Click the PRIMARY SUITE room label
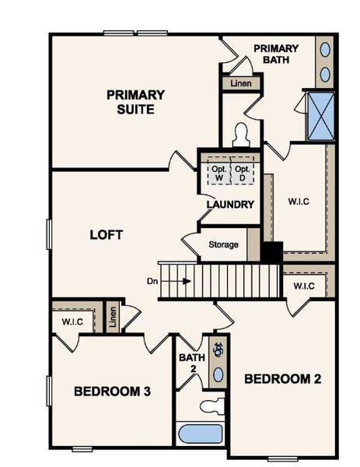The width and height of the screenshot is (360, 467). (135, 102)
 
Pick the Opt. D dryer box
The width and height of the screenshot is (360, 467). (243, 173)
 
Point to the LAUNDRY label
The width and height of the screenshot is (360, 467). (230, 205)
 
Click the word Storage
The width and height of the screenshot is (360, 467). (224, 244)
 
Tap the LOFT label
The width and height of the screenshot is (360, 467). (107, 234)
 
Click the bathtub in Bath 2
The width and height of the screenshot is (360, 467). (201, 433)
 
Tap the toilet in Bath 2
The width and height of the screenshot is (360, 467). (213, 406)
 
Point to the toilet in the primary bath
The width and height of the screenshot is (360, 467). (240, 135)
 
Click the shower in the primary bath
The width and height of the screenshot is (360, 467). (320, 116)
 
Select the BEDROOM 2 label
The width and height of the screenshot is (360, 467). (283, 379)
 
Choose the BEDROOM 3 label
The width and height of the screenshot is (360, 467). (112, 390)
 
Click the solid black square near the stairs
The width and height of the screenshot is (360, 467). (271, 253)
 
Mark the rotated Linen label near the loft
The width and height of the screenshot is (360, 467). (112, 317)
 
